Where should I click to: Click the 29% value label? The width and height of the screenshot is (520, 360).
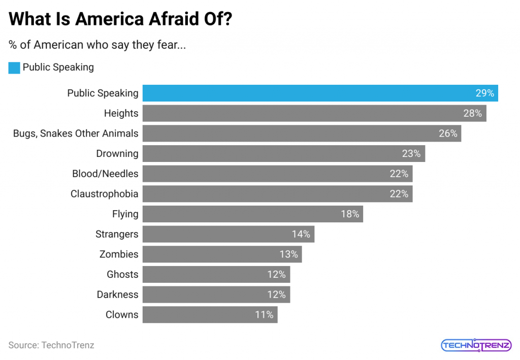click(484, 93)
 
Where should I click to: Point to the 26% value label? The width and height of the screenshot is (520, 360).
click(448, 134)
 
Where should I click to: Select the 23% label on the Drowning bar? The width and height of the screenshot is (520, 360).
click(411, 153)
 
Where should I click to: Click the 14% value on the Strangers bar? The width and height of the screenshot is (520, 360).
click(301, 234)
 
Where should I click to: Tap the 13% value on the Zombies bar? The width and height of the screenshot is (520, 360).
click(288, 254)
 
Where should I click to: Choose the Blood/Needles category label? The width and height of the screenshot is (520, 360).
click(105, 174)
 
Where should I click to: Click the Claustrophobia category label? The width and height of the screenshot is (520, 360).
click(104, 194)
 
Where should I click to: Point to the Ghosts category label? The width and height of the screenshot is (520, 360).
click(122, 274)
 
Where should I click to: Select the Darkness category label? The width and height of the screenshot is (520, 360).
click(117, 294)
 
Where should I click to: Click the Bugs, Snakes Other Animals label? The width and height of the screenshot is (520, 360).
click(76, 134)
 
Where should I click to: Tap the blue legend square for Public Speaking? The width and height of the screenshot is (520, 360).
click(14, 68)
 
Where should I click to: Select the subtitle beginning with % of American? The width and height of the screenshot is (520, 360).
click(97, 45)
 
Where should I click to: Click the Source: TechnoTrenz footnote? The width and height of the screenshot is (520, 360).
click(51, 345)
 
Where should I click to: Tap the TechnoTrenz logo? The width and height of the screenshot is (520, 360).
click(476, 345)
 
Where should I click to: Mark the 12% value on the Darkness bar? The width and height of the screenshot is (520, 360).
click(276, 294)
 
